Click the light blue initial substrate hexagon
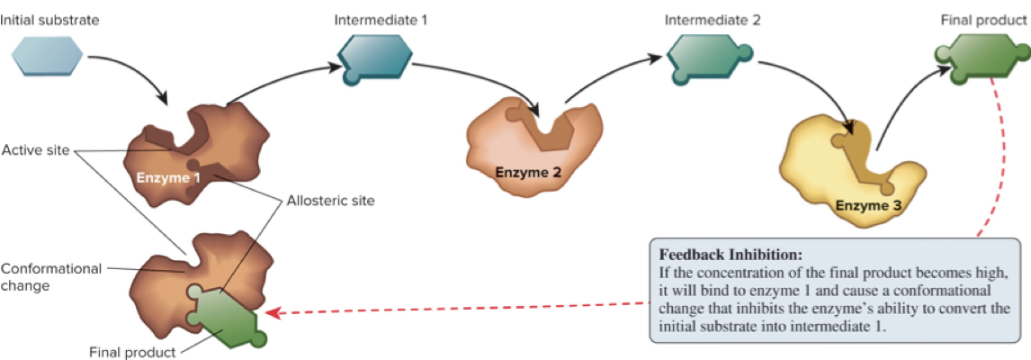coord(48,58)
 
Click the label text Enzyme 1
coord(168,177)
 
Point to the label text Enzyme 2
coord(528,172)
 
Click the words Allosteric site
coord(330,202)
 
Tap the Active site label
coord(35,149)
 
